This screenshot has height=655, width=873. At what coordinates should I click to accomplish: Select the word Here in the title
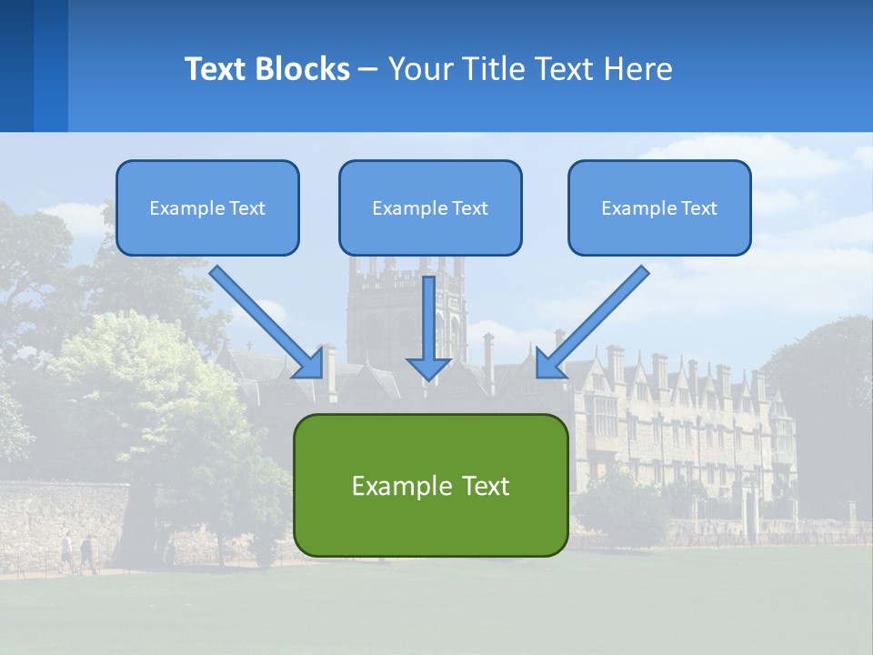639,69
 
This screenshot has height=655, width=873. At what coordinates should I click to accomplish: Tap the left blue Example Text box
207,208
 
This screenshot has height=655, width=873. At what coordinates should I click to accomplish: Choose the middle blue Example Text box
430,208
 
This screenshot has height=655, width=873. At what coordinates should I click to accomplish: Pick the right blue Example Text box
659,208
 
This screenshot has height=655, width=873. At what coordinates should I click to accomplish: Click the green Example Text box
430,486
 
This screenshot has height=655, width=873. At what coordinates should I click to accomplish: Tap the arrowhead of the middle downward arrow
428,368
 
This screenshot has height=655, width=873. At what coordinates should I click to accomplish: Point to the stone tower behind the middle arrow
382,309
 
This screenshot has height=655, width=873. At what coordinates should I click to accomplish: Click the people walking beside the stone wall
78,551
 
